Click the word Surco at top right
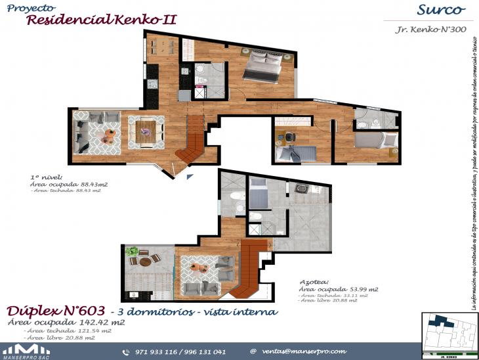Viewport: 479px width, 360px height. pyautogui.click(x=441, y=10)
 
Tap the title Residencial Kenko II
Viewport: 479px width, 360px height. pyautogui.click(x=102, y=20)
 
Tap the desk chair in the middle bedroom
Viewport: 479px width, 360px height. pyautogui.click(x=289, y=137)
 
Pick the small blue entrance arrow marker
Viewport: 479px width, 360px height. pyautogui.click(x=190, y=176)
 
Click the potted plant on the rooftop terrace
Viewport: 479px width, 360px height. pyautogui.click(x=133, y=252)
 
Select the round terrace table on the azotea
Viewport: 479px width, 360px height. pyautogui.click(x=143, y=261)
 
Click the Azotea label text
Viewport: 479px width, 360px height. pyautogui.click(x=314, y=281)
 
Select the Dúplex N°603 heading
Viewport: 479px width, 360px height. pyautogui.click(x=55, y=311)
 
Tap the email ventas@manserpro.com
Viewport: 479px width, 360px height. pyautogui.click(x=304, y=351)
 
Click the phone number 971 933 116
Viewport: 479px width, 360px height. pyautogui.click(x=158, y=351)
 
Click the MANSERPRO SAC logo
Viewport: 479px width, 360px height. pyautogui.click(x=26, y=350)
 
